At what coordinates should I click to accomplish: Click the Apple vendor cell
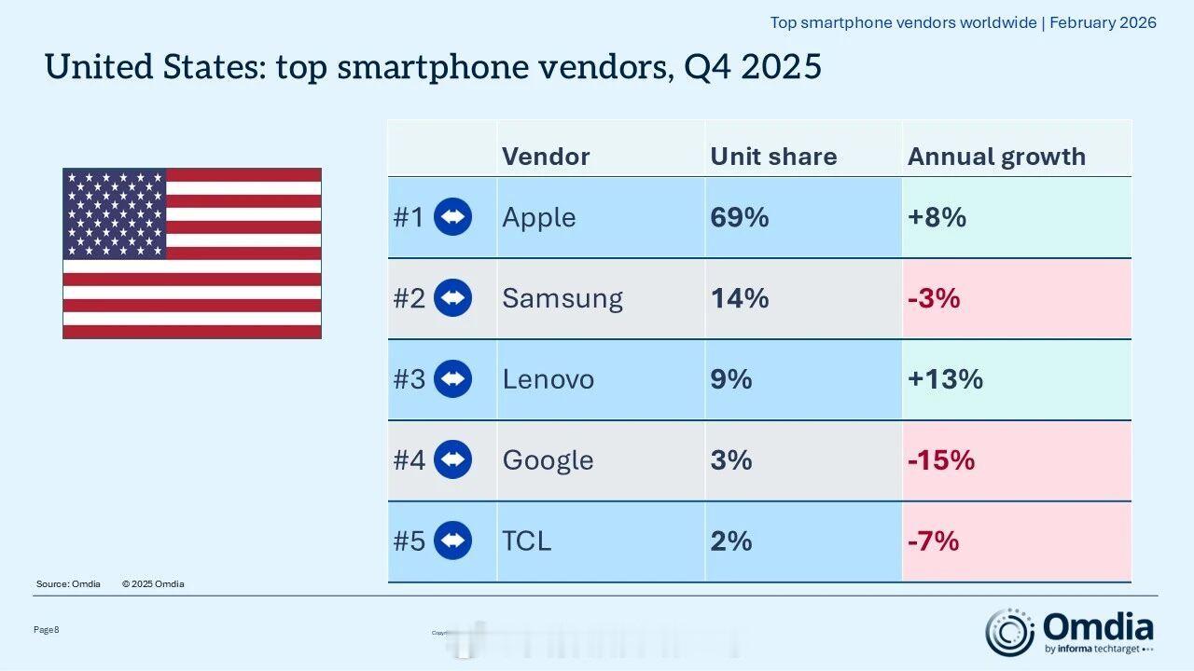point(539,218)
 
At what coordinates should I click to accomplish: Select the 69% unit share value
point(740,218)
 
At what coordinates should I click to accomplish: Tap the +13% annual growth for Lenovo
point(945,379)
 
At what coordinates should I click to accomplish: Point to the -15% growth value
point(941,460)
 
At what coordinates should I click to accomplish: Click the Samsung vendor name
point(562,298)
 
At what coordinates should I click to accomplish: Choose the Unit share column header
point(773,157)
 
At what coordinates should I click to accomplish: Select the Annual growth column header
point(996,157)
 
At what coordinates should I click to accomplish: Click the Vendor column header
point(546,157)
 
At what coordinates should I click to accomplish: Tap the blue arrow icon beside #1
point(453,218)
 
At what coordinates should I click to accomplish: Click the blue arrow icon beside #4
point(453,460)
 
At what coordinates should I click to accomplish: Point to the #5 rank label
point(409,541)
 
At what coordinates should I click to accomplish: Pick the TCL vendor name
point(527,541)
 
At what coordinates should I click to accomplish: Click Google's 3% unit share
point(730,460)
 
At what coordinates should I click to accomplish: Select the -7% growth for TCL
point(933,541)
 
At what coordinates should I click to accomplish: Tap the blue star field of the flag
point(115,213)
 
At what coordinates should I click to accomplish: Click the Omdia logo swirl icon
point(1009,632)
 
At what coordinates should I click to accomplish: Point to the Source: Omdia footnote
point(68,584)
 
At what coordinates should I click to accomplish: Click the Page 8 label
point(47,630)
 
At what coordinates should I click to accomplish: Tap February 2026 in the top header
point(1103,22)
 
